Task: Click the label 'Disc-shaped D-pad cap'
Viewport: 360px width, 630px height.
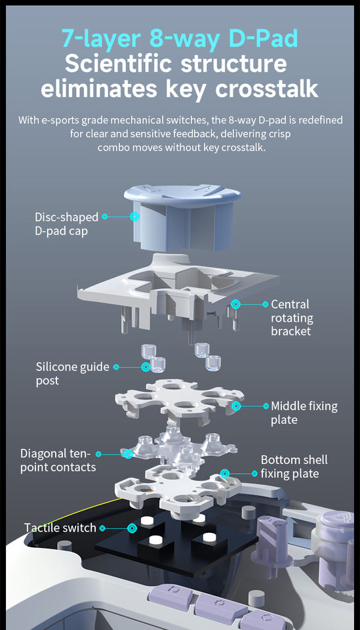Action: (66, 224)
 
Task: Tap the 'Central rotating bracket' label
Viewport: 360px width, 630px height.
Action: (292, 318)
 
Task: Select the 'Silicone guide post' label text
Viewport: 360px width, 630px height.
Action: (73, 373)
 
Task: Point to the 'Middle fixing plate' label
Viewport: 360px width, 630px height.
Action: (304, 413)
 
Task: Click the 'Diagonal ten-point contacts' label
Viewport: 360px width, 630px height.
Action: (58, 461)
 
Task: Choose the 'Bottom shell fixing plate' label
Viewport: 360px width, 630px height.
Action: (294, 467)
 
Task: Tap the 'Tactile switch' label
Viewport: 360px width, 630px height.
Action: (60, 528)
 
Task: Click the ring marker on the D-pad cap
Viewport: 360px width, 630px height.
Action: (135, 216)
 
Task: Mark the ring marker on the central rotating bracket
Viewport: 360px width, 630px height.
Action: (235, 304)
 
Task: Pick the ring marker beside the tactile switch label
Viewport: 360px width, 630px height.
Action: (132, 528)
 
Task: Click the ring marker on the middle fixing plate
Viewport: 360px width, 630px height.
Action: (236, 406)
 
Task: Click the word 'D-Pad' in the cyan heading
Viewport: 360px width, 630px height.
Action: (263, 39)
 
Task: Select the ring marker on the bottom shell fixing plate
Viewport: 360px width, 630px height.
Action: (225, 473)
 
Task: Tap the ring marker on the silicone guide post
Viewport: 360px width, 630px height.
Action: (146, 367)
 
